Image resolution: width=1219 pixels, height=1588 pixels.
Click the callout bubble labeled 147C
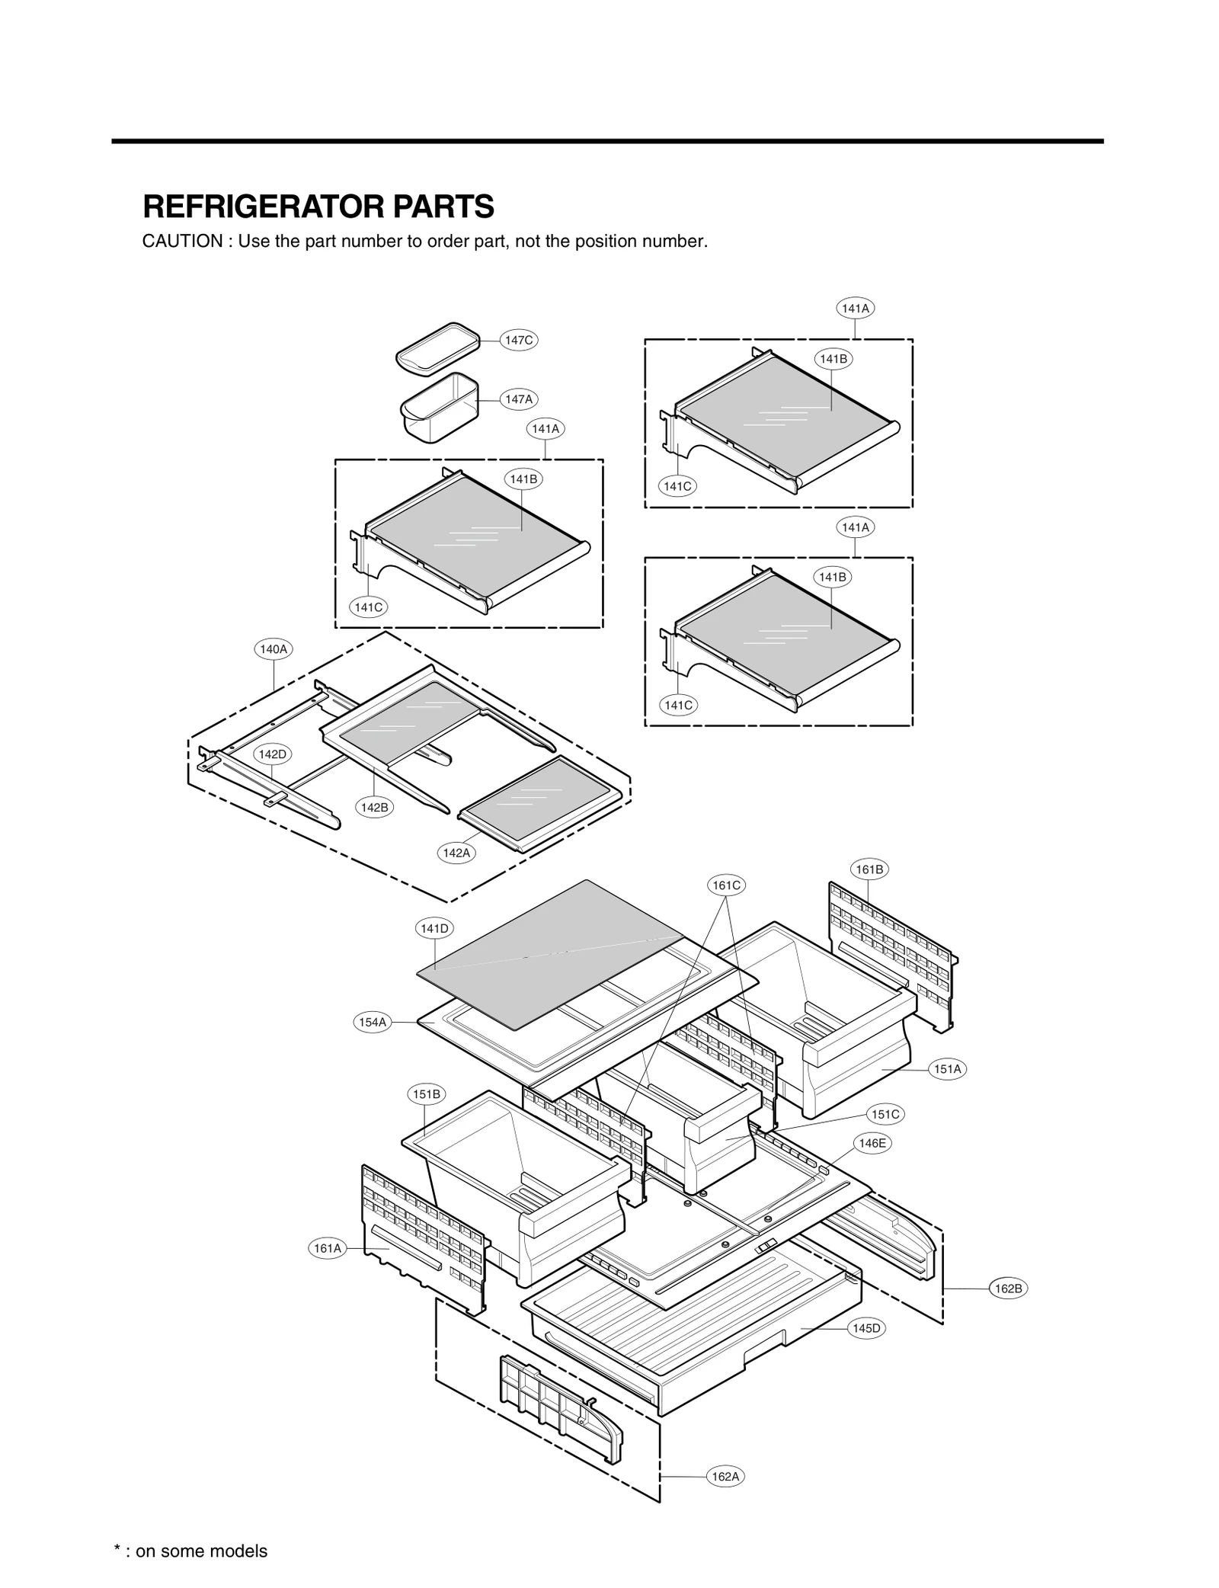point(519,340)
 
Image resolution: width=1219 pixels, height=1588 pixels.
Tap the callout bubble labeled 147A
point(519,399)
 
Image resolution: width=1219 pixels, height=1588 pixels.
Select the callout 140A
point(273,649)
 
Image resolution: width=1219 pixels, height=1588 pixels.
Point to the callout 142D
point(272,754)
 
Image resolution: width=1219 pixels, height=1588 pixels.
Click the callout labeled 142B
point(374,808)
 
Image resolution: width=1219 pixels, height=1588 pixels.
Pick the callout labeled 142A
point(456,853)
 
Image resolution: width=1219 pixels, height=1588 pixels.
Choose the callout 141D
point(434,928)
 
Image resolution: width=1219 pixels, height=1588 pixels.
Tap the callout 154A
point(373,1023)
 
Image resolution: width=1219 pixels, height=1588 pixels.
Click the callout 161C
point(726,885)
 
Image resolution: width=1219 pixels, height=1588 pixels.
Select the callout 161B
point(869,869)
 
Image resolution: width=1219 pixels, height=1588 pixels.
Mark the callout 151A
point(948,1069)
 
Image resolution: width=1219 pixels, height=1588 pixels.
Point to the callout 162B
point(1008,1289)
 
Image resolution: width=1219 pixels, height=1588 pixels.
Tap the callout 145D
point(866,1328)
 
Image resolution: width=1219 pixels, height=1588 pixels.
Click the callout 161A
point(328,1248)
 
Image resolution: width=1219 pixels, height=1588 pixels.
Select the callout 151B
point(427,1094)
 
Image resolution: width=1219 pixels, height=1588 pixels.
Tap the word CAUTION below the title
point(182,242)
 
